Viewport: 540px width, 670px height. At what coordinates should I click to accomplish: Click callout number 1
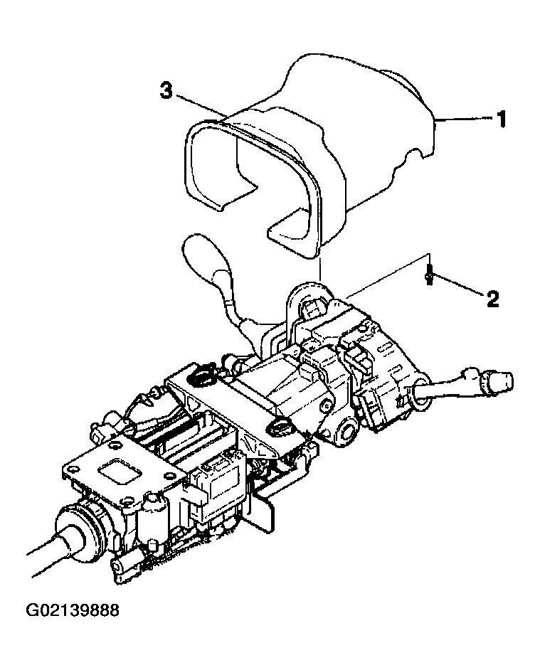[502, 119]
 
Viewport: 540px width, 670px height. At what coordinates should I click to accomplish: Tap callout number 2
[492, 299]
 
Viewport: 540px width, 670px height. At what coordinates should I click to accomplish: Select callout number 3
[166, 90]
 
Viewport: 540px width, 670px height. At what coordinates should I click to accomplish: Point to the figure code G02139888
[73, 610]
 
